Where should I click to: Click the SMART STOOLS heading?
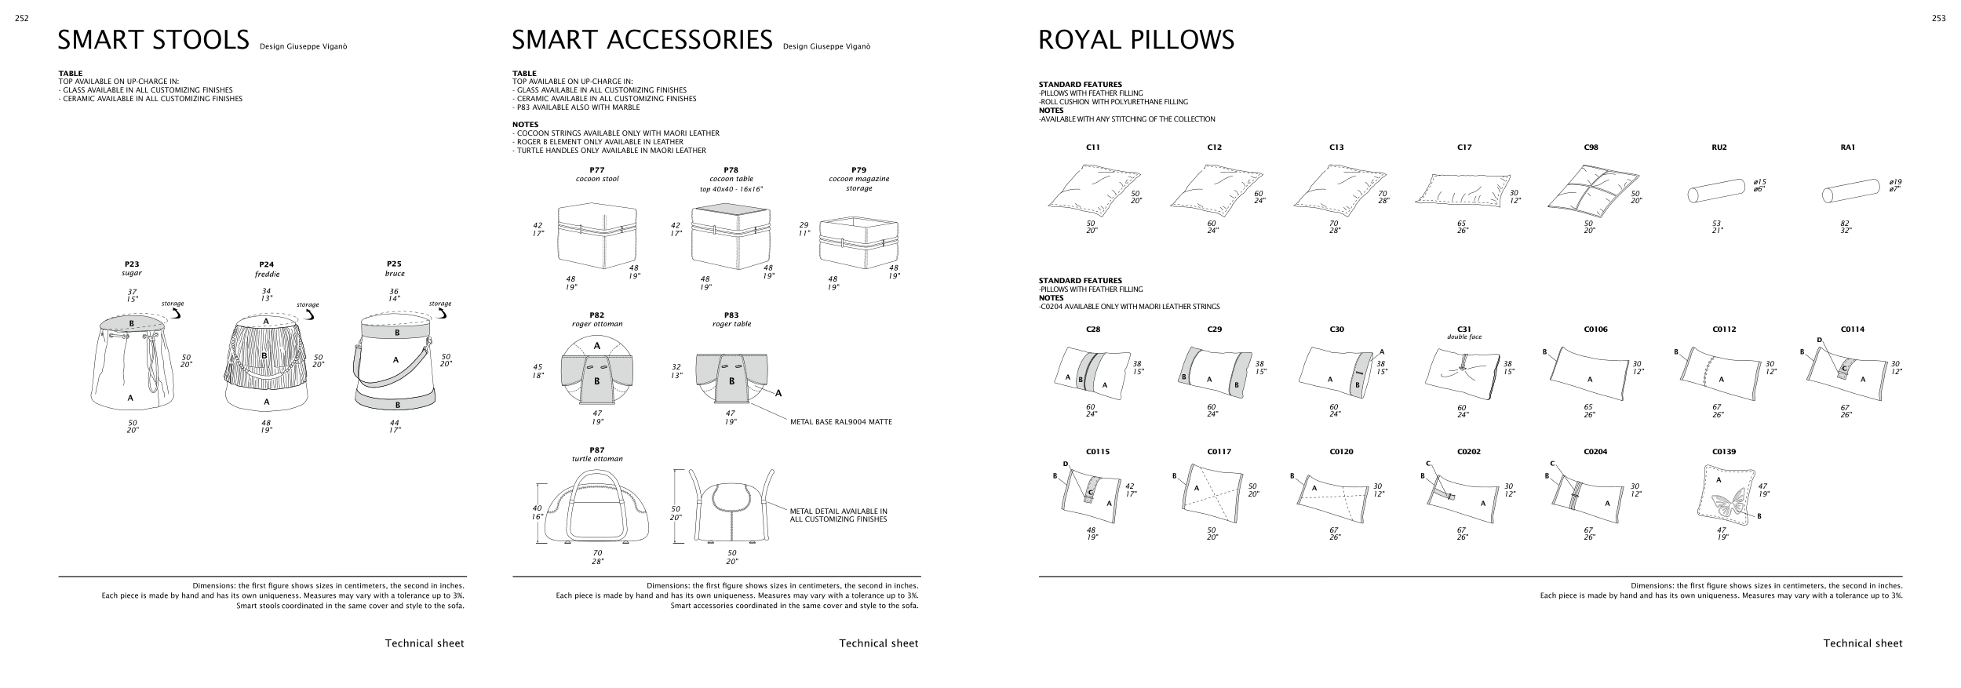click(154, 40)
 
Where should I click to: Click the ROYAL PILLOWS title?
click(1135, 40)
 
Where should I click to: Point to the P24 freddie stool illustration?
click(265, 365)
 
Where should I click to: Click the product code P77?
click(597, 169)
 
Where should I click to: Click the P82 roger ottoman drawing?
click(597, 373)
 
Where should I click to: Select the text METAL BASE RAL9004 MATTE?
click(840, 422)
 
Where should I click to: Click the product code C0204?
click(1595, 452)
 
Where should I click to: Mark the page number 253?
click(1938, 19)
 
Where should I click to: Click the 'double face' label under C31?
click(1464, 337)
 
